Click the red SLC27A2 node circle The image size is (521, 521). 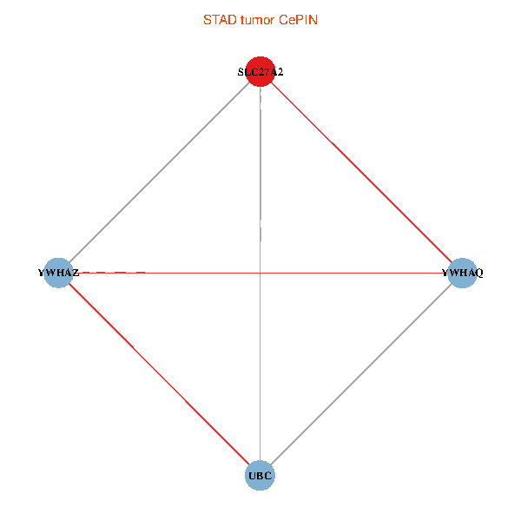tap(260, 72)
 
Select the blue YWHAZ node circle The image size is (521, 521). tap(58, 273)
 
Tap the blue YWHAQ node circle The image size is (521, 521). tap(462, 273)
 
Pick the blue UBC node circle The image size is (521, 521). tap(260, 475)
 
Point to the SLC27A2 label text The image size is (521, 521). tap(260, 72)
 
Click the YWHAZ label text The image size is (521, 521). tap(58, 273)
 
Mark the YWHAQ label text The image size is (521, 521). tap(462, 273)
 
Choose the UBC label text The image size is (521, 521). tap(260, 475)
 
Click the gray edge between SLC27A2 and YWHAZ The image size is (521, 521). tap(159, 173)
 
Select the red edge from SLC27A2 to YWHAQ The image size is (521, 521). tap(361, 173)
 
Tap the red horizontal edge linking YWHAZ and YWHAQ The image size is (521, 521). tap(347, 273)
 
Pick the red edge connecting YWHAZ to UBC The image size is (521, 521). tap(159, 374)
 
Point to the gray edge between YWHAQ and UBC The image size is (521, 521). tap(361, 374)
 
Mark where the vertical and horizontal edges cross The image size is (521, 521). tap(260, 273)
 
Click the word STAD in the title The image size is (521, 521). tap(219, 19)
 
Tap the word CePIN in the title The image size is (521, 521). tap(298, 19)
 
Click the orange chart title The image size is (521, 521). tap(260, 19)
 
